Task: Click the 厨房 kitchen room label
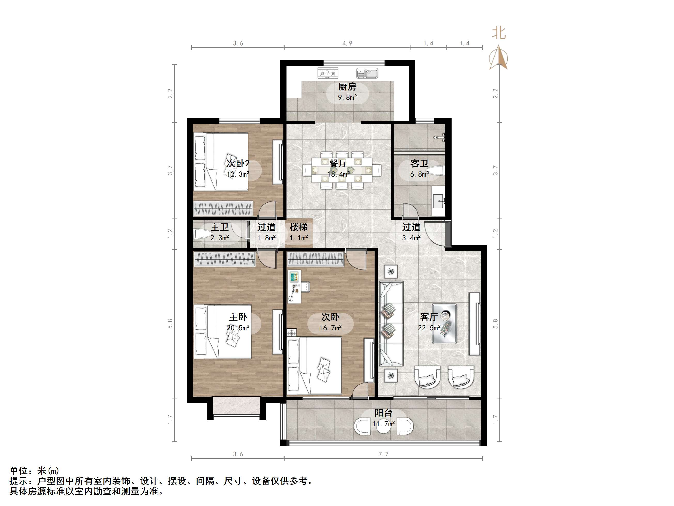click(347, 87)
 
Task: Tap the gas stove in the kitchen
click(328, 73)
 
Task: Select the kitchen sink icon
click(367, 73)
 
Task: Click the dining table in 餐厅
click(342, 170)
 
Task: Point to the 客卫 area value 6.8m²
click(419, 174)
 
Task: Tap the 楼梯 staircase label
click(298, 227)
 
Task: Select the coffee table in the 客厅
click(444, 323)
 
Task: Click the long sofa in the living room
click(391, 323)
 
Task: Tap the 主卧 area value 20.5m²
click(238, 328)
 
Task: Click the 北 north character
click(499, 33)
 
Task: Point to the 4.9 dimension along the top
click(347, 43)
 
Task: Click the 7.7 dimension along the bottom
click(383, 454)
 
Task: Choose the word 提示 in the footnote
click(19, 481)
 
